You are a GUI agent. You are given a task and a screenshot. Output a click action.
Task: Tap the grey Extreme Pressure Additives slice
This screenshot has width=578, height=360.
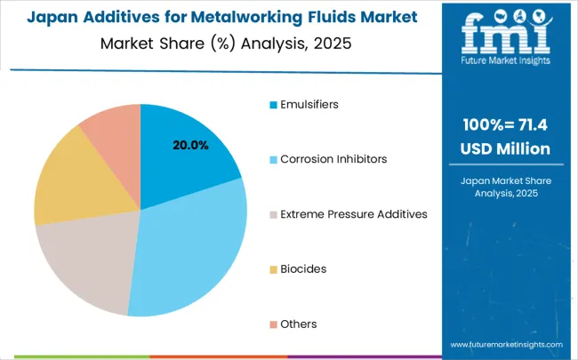(x=84, y=262)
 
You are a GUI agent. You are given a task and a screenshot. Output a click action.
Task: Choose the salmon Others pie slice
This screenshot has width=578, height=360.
(x=111, y=129)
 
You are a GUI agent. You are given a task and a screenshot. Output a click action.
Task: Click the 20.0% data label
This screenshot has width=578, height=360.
(x=189, y=145)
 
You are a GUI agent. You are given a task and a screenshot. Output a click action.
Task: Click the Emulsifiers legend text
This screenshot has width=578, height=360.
(x=309, y=104)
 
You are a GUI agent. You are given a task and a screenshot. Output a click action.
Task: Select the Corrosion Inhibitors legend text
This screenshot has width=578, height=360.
(x=333, y=159)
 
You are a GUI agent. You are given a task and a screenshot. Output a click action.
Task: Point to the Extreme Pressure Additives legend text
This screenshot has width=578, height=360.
(x=354, y=214)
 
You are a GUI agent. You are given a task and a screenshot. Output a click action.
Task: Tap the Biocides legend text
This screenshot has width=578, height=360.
(x=303, y=268)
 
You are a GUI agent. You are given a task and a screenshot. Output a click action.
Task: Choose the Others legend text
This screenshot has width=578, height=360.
(x=299, y=324)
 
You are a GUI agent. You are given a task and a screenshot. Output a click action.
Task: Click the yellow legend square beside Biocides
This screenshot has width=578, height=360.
(x=272, y=268)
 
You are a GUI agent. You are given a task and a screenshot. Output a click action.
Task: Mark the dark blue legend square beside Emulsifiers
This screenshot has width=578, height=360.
(x=272, y=104)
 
